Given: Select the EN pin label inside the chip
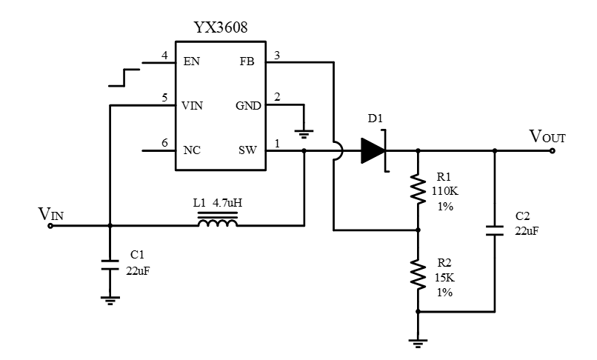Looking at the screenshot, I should (x=191, y=61).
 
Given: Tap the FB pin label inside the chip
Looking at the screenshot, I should (x=247, y=61).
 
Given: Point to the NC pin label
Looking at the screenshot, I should (x=192, y=150).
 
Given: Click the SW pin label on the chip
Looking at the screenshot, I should (x=247, y=150).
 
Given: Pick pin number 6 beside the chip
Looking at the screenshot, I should (x=164, y=142).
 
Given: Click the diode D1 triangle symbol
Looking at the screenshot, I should (x=373, y=150).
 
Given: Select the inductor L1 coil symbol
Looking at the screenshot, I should (x=218, y=220).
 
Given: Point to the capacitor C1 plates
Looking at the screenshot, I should (x=110, y=265).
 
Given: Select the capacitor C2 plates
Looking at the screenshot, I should (x=495, y=229).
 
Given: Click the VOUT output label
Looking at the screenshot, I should (x=548, y=136).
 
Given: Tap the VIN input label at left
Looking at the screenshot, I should (x=51, y=215).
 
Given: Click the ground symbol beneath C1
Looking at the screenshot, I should (x=110, y=299).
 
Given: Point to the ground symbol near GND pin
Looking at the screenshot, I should (x=304, y=133).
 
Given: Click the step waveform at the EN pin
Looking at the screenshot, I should (x=124, y=75).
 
